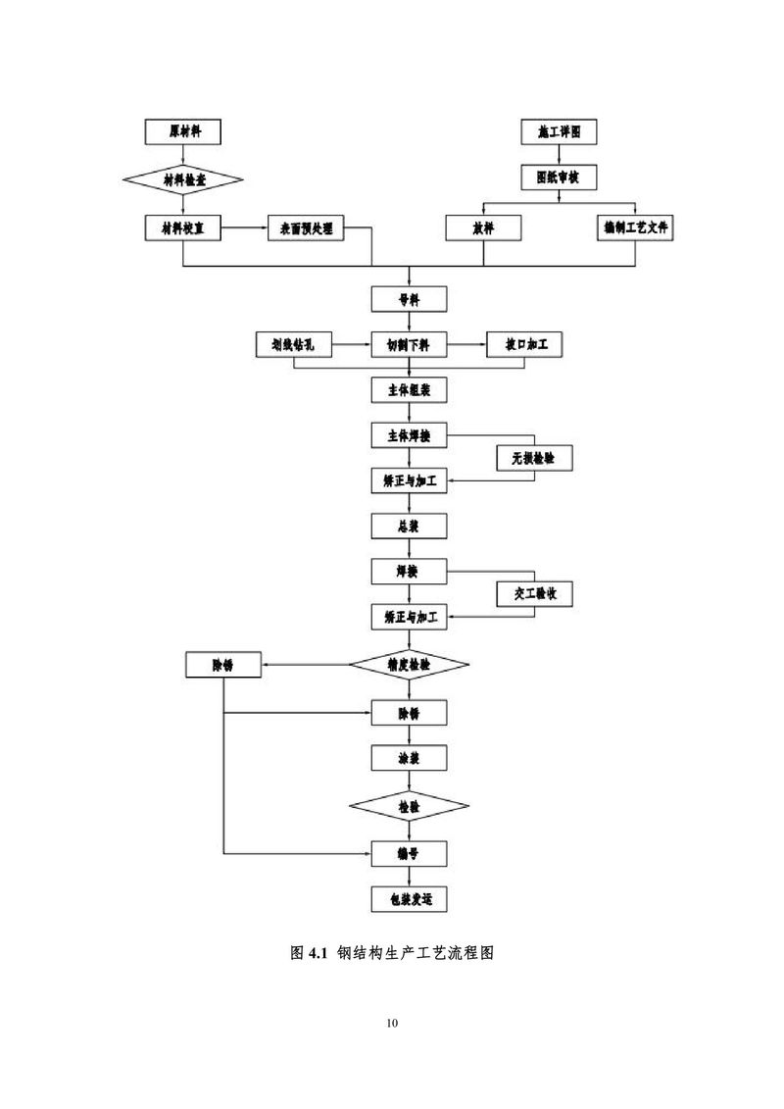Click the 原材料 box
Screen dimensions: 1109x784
[x=182, y=131]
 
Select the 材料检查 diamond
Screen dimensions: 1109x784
[x=182, y=179]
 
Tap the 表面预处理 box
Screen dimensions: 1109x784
[x=306, y=228]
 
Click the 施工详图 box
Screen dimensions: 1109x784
[x=559, y=131]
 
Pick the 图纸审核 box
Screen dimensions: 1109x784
[x=559, y=178]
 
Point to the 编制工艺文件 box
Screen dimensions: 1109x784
[x=636, y=227]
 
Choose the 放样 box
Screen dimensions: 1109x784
[x=483, y=228]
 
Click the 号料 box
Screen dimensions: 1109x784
[x=410, y=299]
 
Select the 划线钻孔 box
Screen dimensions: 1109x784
[x=293, y=345]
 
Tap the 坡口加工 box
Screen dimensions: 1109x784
[x=525, y=345]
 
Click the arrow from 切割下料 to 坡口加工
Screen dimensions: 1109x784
[x=466, y=345]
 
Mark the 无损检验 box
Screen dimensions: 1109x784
[x=533, y=457]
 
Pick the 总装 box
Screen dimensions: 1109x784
[x=410, y=526]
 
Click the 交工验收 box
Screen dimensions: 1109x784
[x=533, y=594]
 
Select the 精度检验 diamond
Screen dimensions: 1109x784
[x=410, y=664]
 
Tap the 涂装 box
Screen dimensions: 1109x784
[x=410, y=758]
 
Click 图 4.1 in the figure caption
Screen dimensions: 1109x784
[x=308, y=953]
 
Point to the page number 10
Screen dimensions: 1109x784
[x=392, y=1024]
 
